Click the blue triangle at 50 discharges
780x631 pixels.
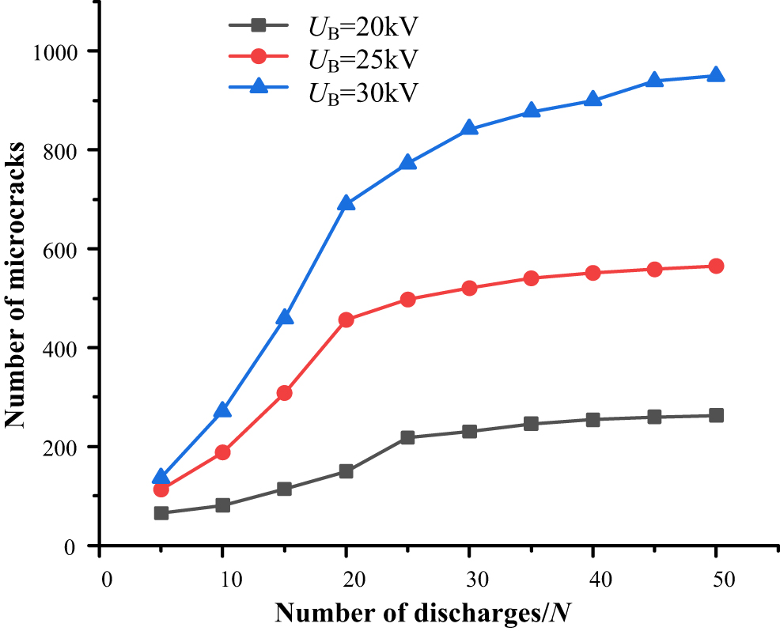coord(716,75)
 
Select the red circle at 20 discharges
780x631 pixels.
coord(346,320)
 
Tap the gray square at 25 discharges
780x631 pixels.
coord(407,437)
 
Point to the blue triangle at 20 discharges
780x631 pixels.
coord(346,204)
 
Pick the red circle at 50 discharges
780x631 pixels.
coord(716,266)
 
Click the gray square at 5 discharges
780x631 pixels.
coord(161,513)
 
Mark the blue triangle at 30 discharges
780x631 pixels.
coord(469,128)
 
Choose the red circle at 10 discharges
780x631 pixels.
coord(223,452)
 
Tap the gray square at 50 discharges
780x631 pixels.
coord(716,415)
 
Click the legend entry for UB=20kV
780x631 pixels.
coord(362,28)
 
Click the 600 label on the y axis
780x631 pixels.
coord(59,249)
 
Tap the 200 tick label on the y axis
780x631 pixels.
coord(59,448)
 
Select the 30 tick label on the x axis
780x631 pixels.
coord(469,579)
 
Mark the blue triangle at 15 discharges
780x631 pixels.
coord(285,318)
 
